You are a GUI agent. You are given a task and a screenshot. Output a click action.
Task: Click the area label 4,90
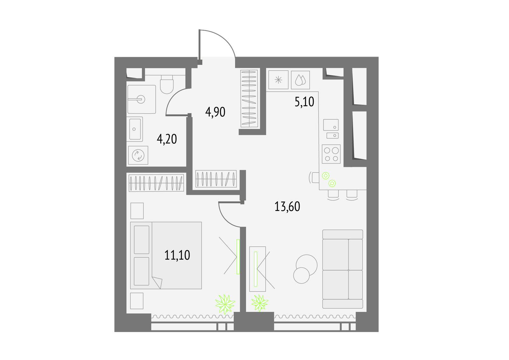tap(215, 112)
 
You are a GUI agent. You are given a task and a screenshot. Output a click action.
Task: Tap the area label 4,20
tap(167, 139)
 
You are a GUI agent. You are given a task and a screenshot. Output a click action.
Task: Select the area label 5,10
tap(304, 102)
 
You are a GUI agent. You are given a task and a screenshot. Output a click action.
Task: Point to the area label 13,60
tap(287, 207)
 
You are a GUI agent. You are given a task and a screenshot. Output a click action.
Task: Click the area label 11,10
tap(177, 255)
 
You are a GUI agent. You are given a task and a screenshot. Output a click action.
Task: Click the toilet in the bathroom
tap(167, 84)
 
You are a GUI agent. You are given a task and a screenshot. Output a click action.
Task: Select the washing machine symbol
tap(138, 155)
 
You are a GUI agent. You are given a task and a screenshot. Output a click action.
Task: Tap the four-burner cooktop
tap(331, 154)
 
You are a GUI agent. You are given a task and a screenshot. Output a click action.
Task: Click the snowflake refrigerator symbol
tap(278, 80)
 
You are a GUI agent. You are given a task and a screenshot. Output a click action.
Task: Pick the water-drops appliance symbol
tap(300, 80)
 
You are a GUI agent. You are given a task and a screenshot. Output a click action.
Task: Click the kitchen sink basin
tap(331, 125)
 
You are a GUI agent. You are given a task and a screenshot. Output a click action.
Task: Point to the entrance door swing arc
tap(227, 39)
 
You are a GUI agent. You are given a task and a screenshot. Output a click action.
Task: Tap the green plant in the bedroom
tap(225, 304)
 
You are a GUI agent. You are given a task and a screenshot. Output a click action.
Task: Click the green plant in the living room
tap(260, 303)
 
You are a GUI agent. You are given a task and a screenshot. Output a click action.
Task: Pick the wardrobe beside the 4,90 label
tap(249, 98)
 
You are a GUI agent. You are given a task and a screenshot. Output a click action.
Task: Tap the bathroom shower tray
tap(142, 99)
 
